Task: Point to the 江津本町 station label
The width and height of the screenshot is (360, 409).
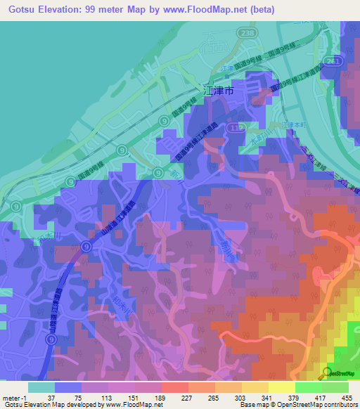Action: pyautogui.click(x=295, y=124)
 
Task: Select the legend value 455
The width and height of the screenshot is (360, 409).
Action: pyautogui.click(x=347, y=397)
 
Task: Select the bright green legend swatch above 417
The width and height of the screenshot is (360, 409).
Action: pyautogui.click(x=308, y=387)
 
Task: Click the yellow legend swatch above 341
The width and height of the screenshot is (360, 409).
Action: pyautogui.click(x=255, y=387)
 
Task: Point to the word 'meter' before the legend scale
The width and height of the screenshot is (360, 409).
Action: pyautogui.click(x=11, y=397)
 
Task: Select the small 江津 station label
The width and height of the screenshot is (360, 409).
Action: pyautogui.click(x=226, y=69)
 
